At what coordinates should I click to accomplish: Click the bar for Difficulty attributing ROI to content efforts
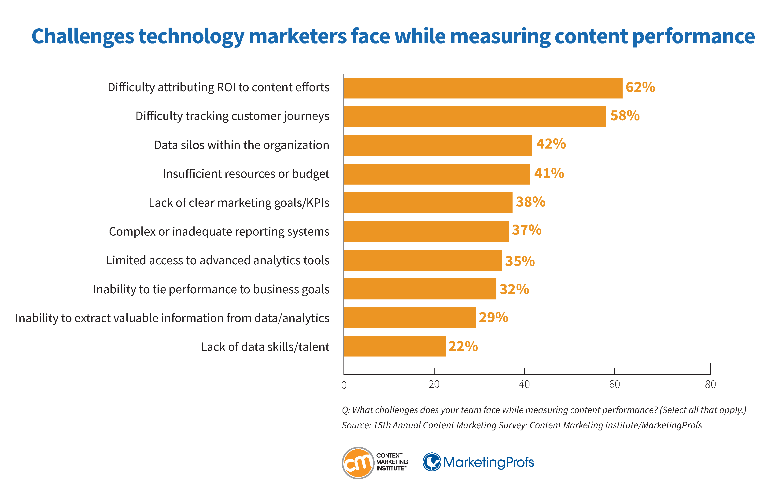[x=483, y=88]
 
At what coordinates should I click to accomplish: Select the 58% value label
[x=624, y=116]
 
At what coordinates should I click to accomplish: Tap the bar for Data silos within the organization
[x=438, y=145]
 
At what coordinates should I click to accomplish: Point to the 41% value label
[x=549, y=173]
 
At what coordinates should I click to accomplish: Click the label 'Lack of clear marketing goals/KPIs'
[x=239, y=203]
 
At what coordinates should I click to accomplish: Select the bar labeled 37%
[x=426, y=231]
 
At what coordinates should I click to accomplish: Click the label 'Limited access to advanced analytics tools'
[x=218, y=260]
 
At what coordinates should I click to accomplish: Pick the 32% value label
[x=514, y=289]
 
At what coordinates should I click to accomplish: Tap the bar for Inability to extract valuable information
[x=409, y=318]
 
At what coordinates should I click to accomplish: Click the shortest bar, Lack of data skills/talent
[x=395, y=346]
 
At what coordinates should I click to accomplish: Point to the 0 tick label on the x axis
[x=344, y=385]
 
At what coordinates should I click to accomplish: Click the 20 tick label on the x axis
[x=434, y=384]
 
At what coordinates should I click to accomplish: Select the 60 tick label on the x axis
[x=614, y=384]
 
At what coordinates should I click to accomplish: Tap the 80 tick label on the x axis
[x=710, y=384]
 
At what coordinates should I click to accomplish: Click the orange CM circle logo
[x=358, y=463]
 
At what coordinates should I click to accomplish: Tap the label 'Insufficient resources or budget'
[x=246, y=174]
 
